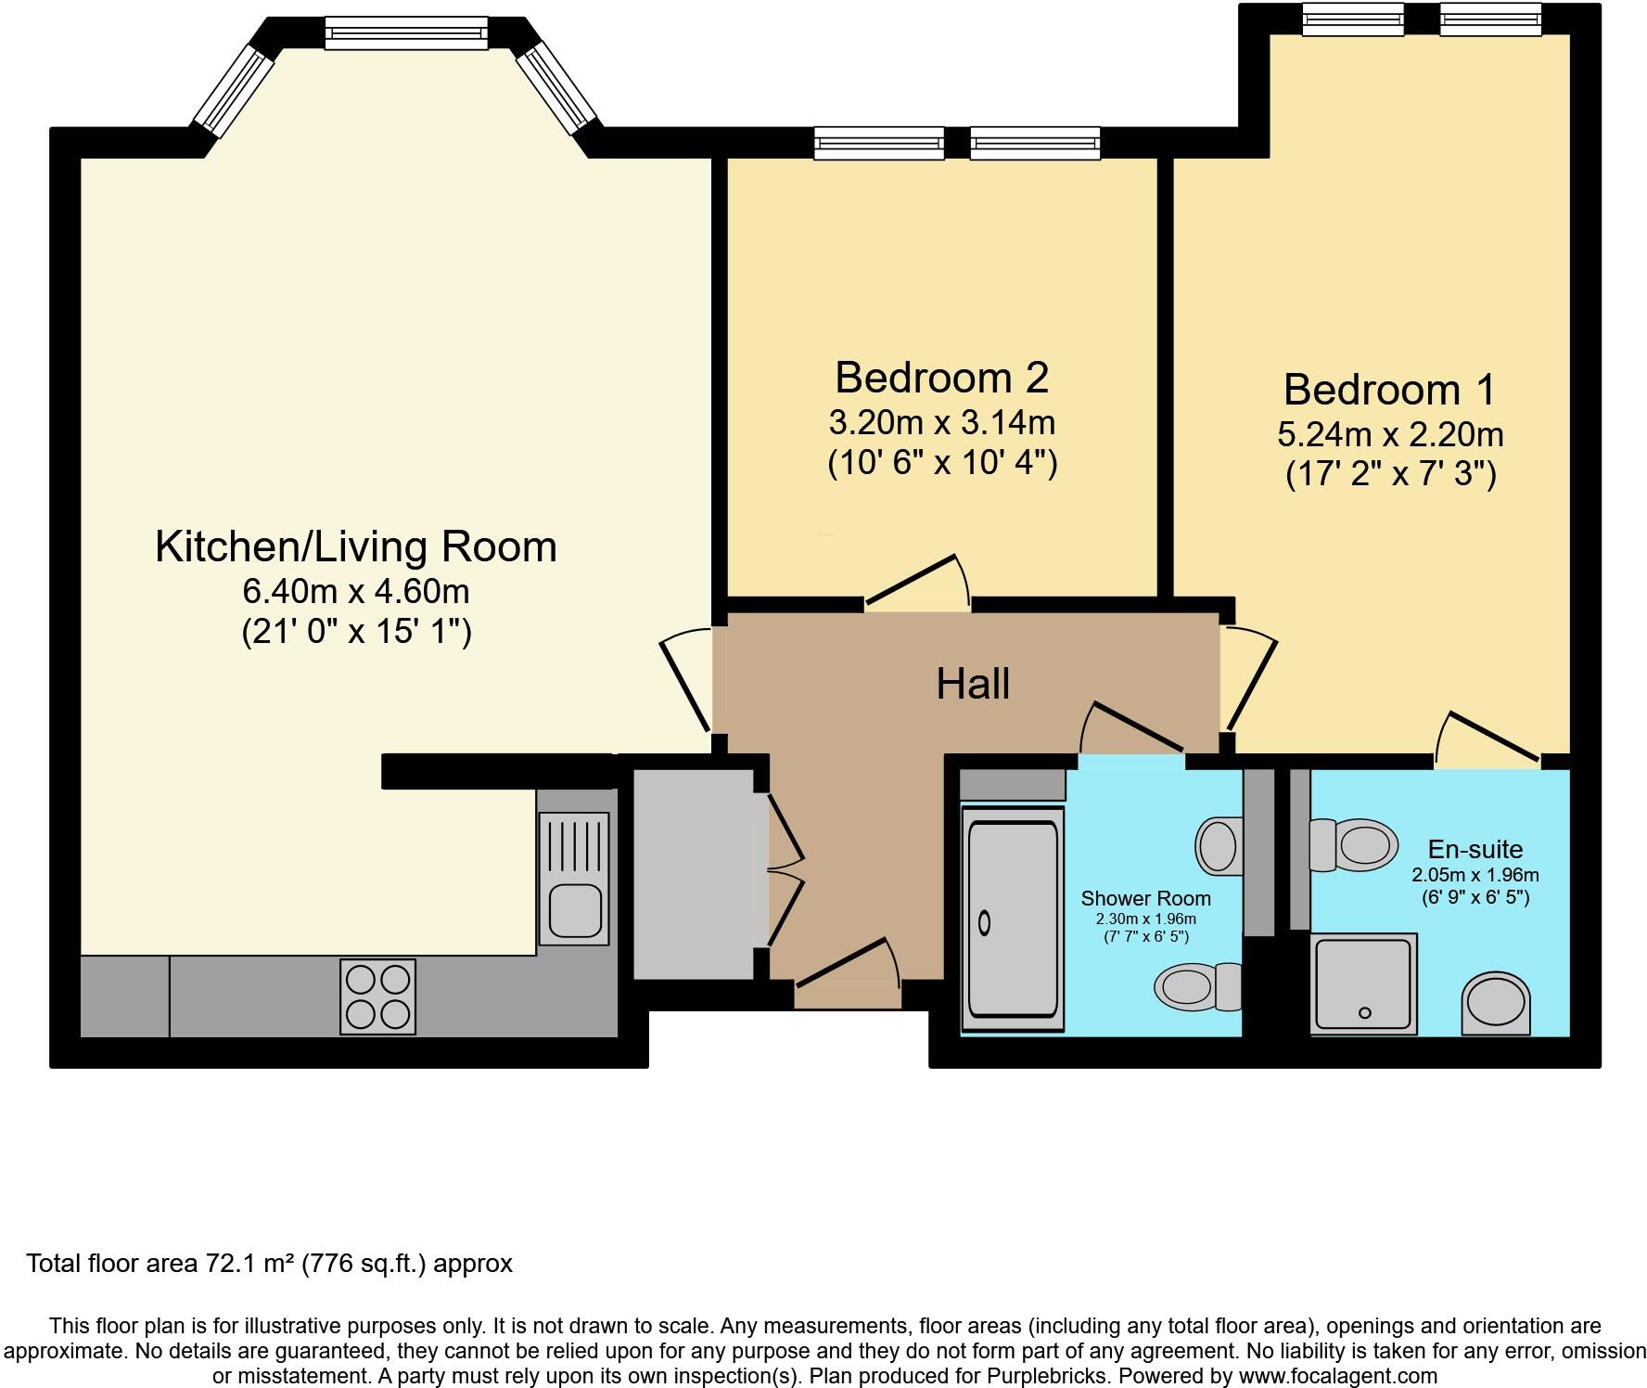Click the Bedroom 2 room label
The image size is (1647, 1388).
[941, 378]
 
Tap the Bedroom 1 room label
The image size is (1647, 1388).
[1389, 390]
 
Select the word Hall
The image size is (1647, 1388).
[972, 685]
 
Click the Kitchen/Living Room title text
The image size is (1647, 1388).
[356, 546]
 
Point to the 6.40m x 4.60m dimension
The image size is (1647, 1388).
[356, 591]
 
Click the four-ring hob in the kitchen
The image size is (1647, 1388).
[378, 997]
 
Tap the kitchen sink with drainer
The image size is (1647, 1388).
[574, 878]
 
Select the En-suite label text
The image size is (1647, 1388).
[1475, 849]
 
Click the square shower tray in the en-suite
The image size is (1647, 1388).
[1363, 983]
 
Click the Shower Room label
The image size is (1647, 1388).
[1145, 898]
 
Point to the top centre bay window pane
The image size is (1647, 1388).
[405, 34]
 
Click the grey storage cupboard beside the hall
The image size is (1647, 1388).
[694, 873]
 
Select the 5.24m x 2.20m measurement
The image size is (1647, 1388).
[1389, 434]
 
